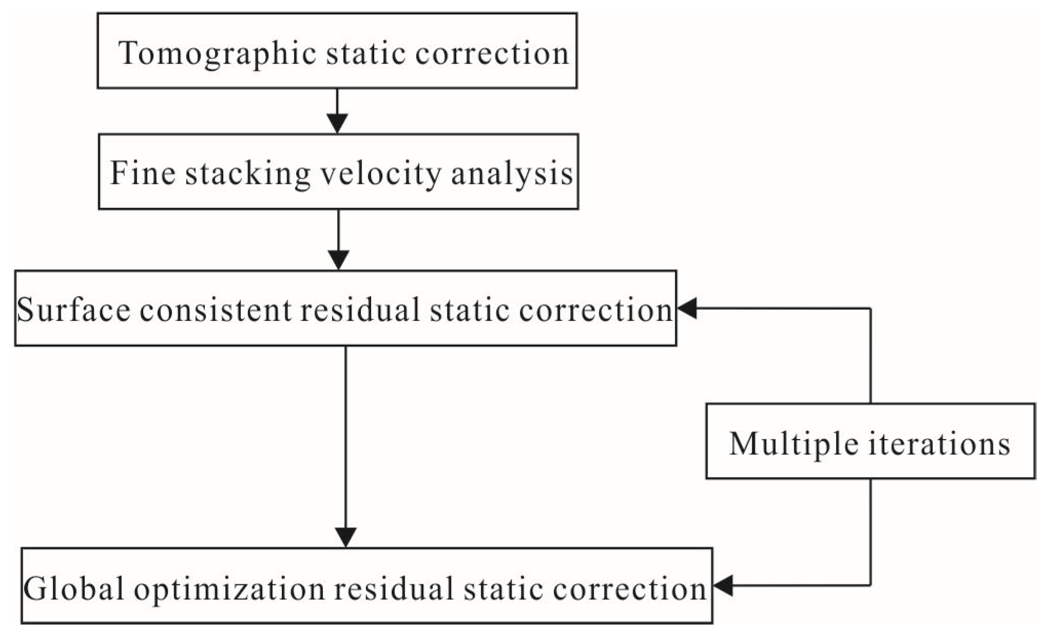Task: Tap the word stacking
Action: [248, 174]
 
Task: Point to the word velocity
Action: [380, 174]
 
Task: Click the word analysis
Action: [512, 174]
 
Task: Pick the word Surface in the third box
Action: [73, 310]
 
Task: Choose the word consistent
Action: [215, 310]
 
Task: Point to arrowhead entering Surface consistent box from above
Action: [338, 260]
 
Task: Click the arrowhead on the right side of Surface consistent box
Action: [687, 309]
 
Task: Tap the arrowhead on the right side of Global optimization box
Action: [723, 586]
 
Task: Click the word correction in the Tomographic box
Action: [492, 53]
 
